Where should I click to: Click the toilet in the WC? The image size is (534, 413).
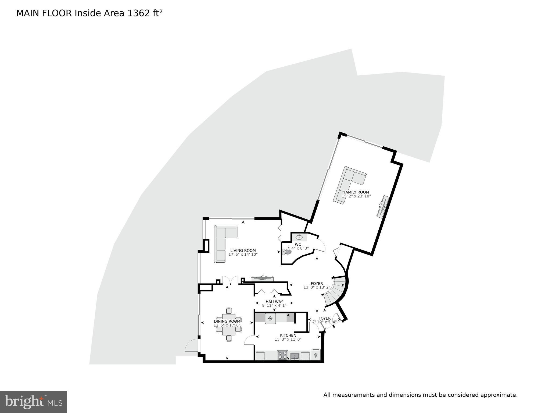click(x=287, y=252)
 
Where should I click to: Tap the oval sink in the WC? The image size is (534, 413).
click(x=299, y=237)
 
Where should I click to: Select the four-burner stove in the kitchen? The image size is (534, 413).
click(x=282, y=355)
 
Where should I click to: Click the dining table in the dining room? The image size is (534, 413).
click(x=229, y=324)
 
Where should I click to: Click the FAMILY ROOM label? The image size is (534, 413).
click(x=356, y=192)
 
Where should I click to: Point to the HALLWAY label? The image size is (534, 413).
click(x=274, y=302)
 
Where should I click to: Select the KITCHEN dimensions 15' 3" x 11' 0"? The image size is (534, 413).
click(x=288, y=339)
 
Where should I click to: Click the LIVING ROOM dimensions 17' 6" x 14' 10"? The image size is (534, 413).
click(x=243, y=254)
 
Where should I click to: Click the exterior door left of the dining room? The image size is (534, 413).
click(x=191, y=345)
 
